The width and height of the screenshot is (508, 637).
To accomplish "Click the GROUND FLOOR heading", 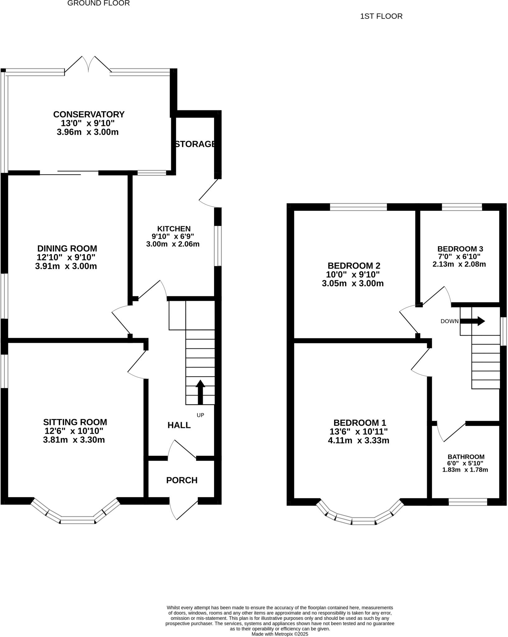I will click(98, 3).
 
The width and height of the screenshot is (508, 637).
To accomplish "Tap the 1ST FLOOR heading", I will click(381, 16).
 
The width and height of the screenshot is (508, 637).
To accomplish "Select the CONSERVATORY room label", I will click(89, 114).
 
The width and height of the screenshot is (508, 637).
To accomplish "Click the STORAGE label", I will click(195, 144).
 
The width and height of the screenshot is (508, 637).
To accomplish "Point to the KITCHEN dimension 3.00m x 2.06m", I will click(173, 244).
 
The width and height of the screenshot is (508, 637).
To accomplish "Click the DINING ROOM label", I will click(67, 249).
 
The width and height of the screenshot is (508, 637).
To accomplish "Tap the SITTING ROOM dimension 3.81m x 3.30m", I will click(74, 440).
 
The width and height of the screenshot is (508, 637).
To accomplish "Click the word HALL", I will click(179, 425).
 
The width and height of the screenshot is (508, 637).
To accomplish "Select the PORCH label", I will click(182, 480).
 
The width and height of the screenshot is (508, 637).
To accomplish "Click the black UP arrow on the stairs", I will click(200, 392).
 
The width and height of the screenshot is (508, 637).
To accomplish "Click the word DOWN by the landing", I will click(450, 321).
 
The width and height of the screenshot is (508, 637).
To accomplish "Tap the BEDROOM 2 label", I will click(354, 266).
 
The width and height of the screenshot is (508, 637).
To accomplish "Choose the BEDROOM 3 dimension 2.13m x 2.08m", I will click(459, 264).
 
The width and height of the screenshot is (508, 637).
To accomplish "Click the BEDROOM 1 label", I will click(360, 423).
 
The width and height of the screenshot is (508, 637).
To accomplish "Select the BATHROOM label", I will click(466, 457).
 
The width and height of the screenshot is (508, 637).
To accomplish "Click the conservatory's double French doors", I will click(88, 64).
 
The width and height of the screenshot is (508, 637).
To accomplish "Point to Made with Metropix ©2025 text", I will click(280, 634).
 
